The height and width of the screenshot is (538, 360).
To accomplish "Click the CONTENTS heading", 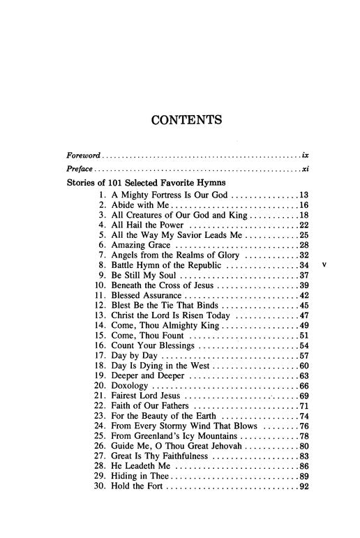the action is click(x=186, y=120).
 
